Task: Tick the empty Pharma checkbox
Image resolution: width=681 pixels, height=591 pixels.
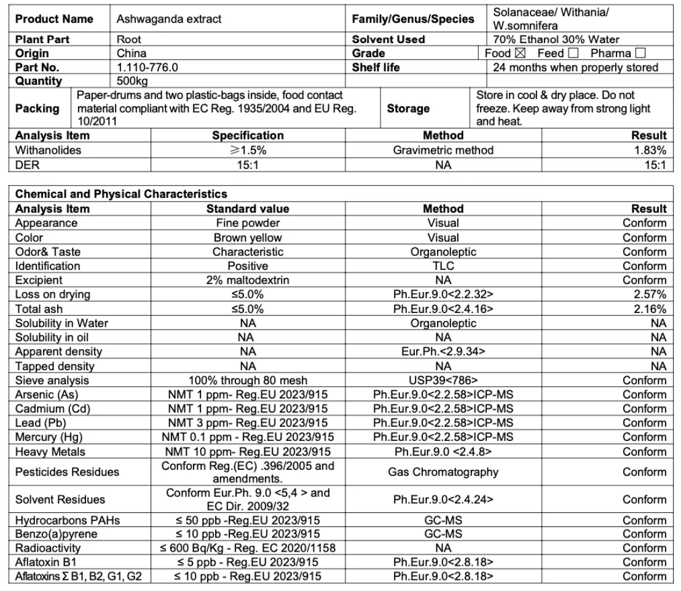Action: tap(640, 54)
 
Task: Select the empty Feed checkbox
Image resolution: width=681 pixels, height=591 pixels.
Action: tap(574, 54)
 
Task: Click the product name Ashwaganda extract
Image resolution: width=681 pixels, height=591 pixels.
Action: tap(169, 19)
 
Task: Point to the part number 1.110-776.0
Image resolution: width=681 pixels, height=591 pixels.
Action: tap(147, 67)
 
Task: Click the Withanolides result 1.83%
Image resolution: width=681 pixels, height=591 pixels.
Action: tap(650, 149)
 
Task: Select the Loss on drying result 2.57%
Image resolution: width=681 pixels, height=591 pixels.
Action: tap(650, 295)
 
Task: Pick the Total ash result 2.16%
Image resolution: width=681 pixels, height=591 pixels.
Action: tap(650, 309)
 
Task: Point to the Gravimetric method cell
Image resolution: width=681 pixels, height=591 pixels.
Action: tap(443, 149)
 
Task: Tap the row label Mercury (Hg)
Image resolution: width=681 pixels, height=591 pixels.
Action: tap(49, 437)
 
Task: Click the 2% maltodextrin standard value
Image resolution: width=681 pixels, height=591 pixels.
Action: tap(248, 280)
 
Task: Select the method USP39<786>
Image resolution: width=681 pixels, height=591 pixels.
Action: tap(443, 380)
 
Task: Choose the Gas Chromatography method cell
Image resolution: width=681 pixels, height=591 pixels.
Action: tap(443, 472)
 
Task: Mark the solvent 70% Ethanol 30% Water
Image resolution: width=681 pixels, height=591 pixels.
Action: tap(556, 39)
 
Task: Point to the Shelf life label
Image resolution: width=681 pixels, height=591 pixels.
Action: tap(376, 67)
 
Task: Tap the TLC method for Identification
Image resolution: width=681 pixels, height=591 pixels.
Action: tap(443, 266)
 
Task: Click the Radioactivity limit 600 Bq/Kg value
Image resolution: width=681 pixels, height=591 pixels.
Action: tap(248, 548)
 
